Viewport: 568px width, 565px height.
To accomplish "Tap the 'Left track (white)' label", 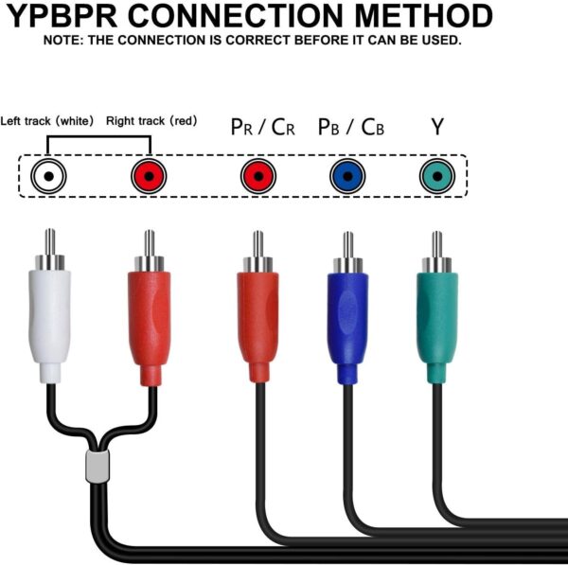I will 47,121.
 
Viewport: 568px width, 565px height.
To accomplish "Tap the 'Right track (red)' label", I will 151,121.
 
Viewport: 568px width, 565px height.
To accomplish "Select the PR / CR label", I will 262,127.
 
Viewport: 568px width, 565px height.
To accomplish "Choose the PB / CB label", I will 350,127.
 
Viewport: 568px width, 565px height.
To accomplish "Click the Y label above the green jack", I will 436,126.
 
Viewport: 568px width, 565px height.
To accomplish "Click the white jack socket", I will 48,176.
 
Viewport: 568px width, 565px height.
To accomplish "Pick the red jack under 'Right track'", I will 149,176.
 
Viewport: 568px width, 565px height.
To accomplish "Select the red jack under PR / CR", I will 257,176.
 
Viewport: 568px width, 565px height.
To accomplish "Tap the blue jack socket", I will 347,176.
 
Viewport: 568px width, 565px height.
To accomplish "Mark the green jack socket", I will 435,176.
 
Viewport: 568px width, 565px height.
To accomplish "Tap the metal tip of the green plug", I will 436,248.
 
